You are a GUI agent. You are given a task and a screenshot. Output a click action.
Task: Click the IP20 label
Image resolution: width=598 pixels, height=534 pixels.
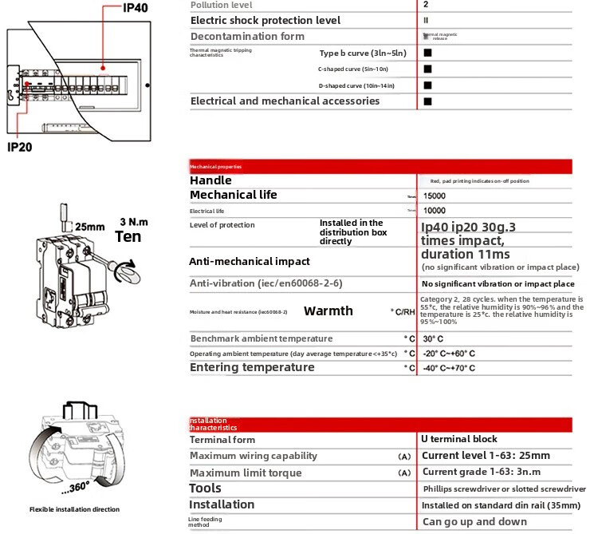pyautogui.click(x=25, y=147)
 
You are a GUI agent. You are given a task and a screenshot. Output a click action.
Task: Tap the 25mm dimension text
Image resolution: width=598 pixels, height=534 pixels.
pyautogui.click(x=89, y=227)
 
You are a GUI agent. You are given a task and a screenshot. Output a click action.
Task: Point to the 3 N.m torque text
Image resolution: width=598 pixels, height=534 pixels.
pyautogui.click(x=134, y=221)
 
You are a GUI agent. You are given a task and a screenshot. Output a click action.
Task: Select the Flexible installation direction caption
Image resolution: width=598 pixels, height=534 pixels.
pyautogui.click(x=74, y=509)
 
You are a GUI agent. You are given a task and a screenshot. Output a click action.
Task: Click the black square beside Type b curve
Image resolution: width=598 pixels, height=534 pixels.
pyautogui.click(x=427, y=53)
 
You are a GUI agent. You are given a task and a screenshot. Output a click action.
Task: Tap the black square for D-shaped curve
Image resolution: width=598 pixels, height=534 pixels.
pyautogui.click(x=427, y=85)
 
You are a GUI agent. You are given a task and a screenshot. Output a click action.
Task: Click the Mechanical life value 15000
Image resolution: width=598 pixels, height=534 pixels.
pyautogui.click(x=435, y=196)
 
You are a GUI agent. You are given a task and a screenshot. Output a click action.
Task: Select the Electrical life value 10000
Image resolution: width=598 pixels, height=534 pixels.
pyautogui.click(x=435, y=211)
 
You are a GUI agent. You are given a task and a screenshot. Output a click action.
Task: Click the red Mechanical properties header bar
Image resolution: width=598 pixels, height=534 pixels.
pyautogui.click(x=380, y=166)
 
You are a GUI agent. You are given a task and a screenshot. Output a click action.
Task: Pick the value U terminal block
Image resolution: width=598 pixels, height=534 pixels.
pyautogui.click(x=459, y=439)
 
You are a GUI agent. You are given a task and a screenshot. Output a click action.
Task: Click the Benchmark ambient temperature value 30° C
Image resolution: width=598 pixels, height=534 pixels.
pyautogui.click(x=434, y=338)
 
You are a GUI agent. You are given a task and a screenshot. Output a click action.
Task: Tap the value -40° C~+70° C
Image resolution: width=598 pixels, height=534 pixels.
pyautogui.click(x=449, y=368)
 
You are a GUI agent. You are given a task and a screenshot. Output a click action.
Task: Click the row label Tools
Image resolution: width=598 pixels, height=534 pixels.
pyautogui.click(x=205, y=489)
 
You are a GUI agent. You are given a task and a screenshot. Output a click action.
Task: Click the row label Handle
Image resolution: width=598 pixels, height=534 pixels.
pyautogui.click(x=210, y=180)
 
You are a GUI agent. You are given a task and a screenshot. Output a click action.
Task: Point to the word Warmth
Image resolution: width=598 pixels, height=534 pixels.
pyautogui.click(x=328, y=311)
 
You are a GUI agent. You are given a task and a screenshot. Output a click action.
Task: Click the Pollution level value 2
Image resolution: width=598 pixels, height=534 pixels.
pyautogui.click(x=425, y=5)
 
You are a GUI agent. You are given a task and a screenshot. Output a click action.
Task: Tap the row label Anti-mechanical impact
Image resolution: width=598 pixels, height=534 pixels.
pyautogui.click(x=249, y=261)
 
